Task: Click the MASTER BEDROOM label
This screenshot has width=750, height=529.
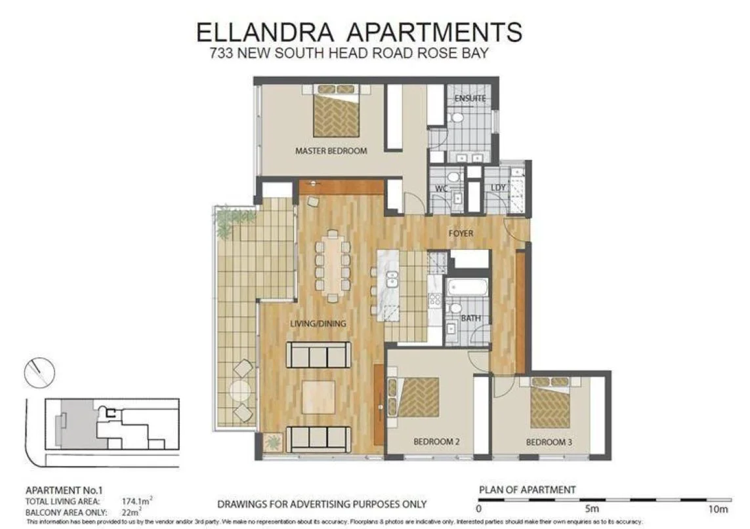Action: [331, 151]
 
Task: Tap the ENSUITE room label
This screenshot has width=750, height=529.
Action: [470, 98]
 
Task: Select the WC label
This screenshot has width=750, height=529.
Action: [442, 188]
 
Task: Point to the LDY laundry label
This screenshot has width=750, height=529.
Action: [499, 188]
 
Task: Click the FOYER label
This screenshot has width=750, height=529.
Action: [461, 233]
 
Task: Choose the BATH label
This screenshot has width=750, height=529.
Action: [470, 319]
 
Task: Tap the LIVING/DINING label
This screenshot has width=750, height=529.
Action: [318, 323]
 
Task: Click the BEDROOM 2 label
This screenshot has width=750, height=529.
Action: [436, 442]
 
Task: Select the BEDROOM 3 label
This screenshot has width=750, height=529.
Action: [549, 443]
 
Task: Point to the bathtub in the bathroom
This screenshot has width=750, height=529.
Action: [467, 288]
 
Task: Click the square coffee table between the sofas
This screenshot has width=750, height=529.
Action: [318, 397]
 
